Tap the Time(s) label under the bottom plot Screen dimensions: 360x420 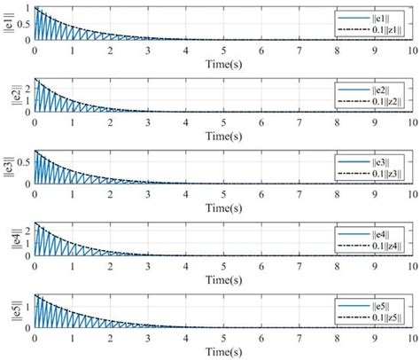[x=222, y=348]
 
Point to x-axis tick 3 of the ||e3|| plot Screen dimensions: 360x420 [x=148, y=192]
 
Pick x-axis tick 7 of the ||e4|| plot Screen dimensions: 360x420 [x=299, y=264]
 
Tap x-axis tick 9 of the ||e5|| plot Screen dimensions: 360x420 [x=374, y=336]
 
